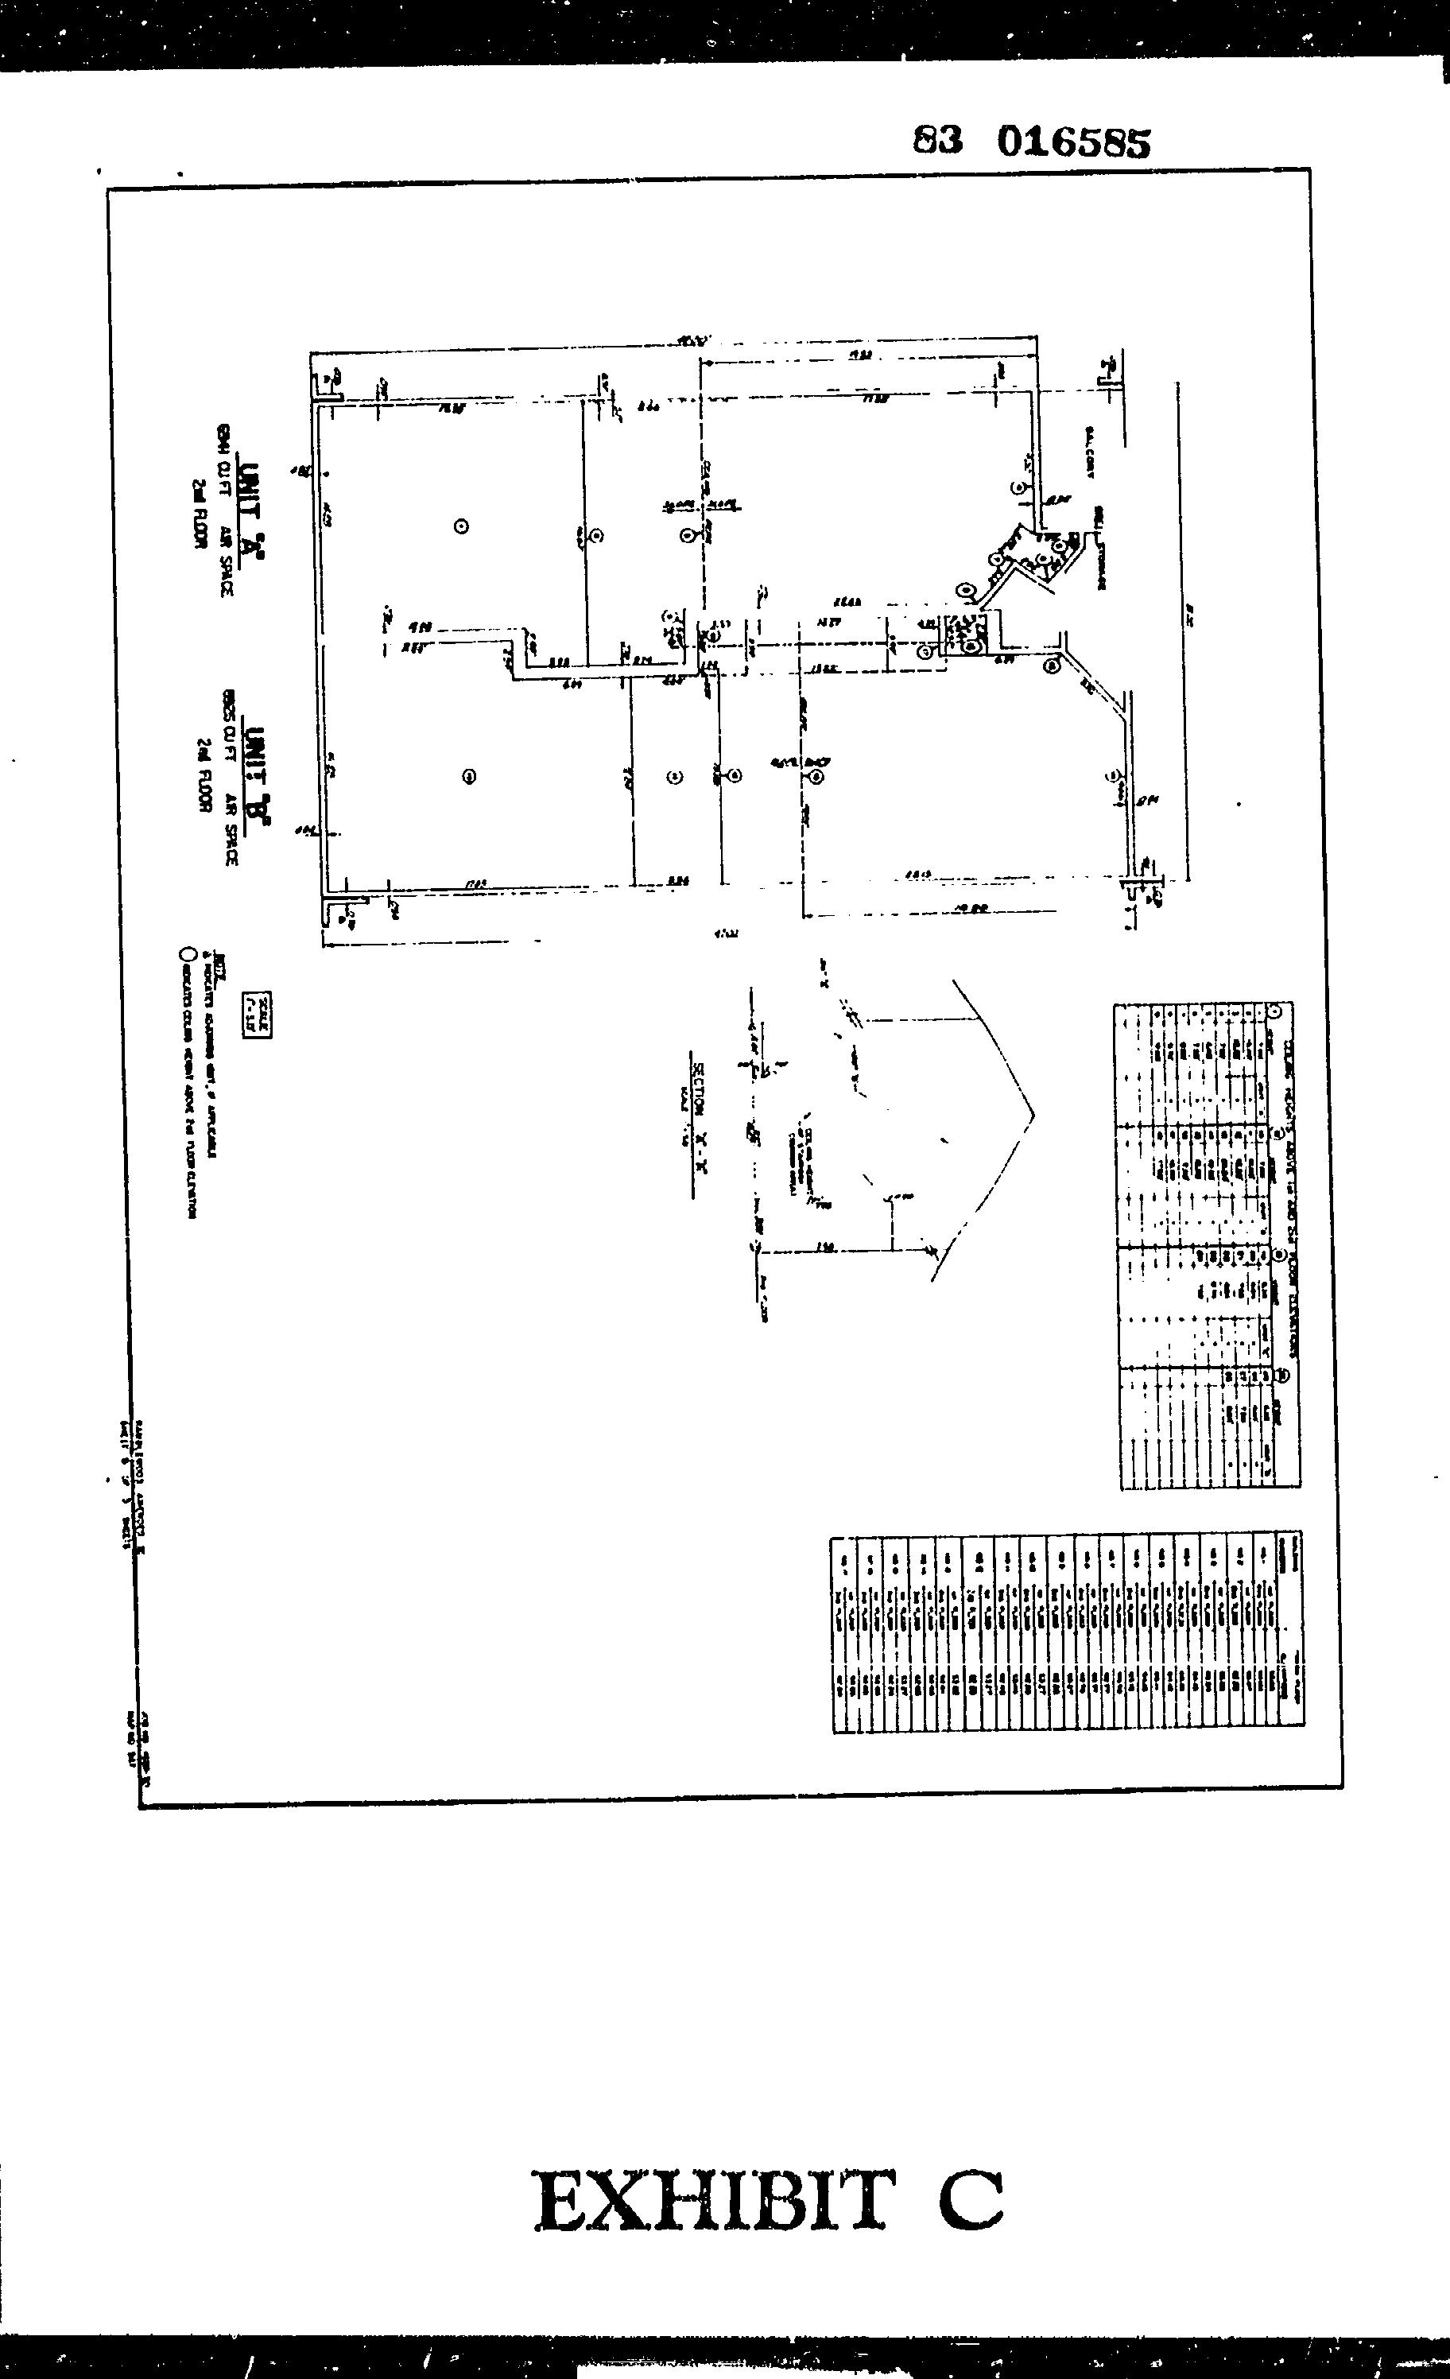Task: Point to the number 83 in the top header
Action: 937,141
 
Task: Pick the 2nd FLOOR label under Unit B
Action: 203,775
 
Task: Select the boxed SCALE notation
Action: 258,1014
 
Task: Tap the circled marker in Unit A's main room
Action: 461,526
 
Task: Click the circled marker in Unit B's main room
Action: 470,775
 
